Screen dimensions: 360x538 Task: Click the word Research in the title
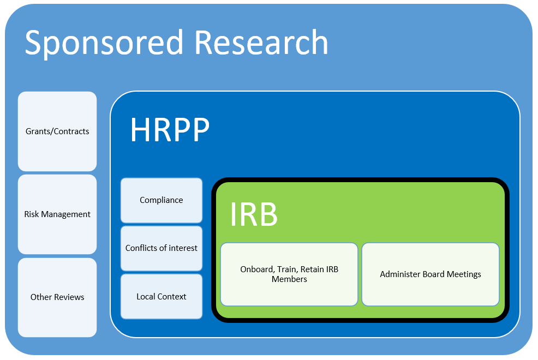coord(261,43)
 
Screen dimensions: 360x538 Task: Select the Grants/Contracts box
coord(57,131)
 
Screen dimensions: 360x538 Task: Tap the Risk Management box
coord(57,214)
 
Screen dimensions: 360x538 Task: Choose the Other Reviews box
coord(57,297)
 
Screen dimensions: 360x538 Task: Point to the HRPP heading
coord(170,130)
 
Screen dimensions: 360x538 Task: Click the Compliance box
coord(162,200)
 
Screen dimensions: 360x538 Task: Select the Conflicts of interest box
coord(162,248)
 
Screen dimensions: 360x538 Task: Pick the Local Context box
coord(162,297)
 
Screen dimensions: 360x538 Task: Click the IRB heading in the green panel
coord(254,214)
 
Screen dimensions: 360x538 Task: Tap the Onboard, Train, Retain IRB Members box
coord(289,274)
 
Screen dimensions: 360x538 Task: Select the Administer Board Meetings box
coord(431,274)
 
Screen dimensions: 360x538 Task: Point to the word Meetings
coord(463,274)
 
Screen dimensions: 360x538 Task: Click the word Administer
coord(400,274)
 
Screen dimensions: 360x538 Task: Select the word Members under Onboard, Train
coord(289,279)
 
